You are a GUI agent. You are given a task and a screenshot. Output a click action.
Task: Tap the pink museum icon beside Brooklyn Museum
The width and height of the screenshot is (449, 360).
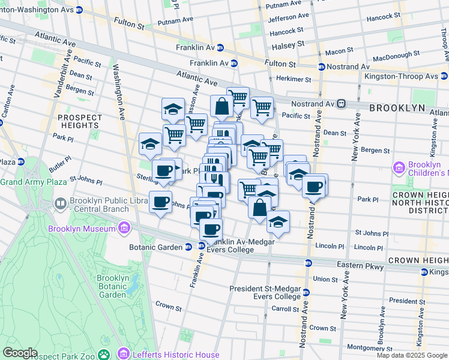(x=124, y=228)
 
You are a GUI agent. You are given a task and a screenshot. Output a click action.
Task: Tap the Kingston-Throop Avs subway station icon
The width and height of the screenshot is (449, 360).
(x=443, y=77)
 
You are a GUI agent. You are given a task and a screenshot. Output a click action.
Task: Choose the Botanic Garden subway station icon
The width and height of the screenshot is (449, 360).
(x=188, y=247)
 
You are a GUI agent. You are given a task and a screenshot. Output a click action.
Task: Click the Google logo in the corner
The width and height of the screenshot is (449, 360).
(x=20, y=353)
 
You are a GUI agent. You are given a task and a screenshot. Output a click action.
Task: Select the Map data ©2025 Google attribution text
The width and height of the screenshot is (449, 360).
(x=412, y=355)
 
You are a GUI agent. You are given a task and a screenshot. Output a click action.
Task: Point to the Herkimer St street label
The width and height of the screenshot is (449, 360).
(x=294, y=79)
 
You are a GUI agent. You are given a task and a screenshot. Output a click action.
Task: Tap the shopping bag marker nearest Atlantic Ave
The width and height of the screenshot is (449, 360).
(x=221, y=107)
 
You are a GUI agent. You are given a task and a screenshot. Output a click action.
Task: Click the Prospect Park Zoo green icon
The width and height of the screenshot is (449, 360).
(x=104, y=355)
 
